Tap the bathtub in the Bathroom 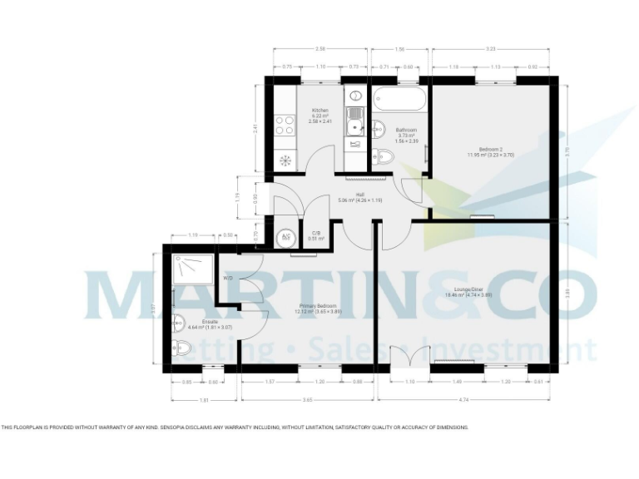pyautogui.click(x=399, y=101)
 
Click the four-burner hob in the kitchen pyautogui.click(x=285, y=125)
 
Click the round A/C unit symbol pyautogui.click(x=285, y=236)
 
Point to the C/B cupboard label pyautogui.click(x=316, y=234)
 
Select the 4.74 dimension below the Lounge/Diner pyautogui.click(x=463, y=400)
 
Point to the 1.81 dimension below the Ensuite pyautogui.click(x=194, y=400)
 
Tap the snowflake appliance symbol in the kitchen pyautogui.click(x=285, y=160)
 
